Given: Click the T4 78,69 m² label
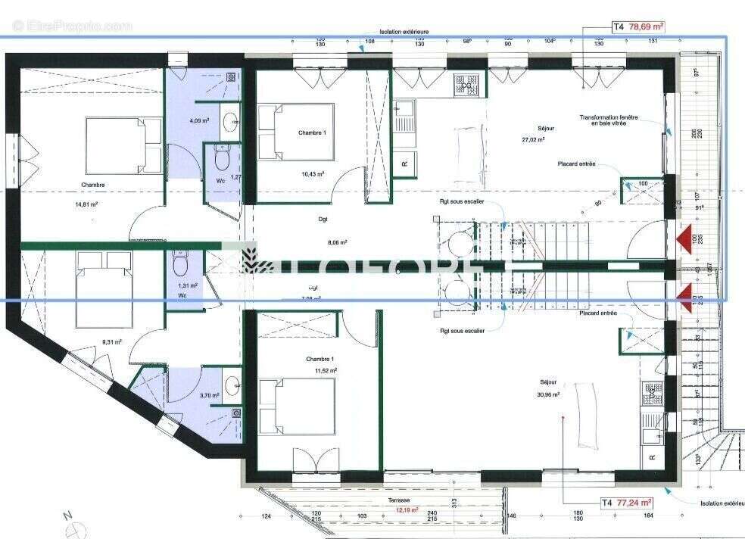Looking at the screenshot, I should coord(638,26).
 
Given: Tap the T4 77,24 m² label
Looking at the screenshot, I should coord(627,502).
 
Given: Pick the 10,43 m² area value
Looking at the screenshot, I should coord(313,174).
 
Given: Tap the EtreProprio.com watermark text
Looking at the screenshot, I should coord(72,26).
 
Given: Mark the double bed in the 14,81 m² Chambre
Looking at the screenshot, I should coord(123,145).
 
